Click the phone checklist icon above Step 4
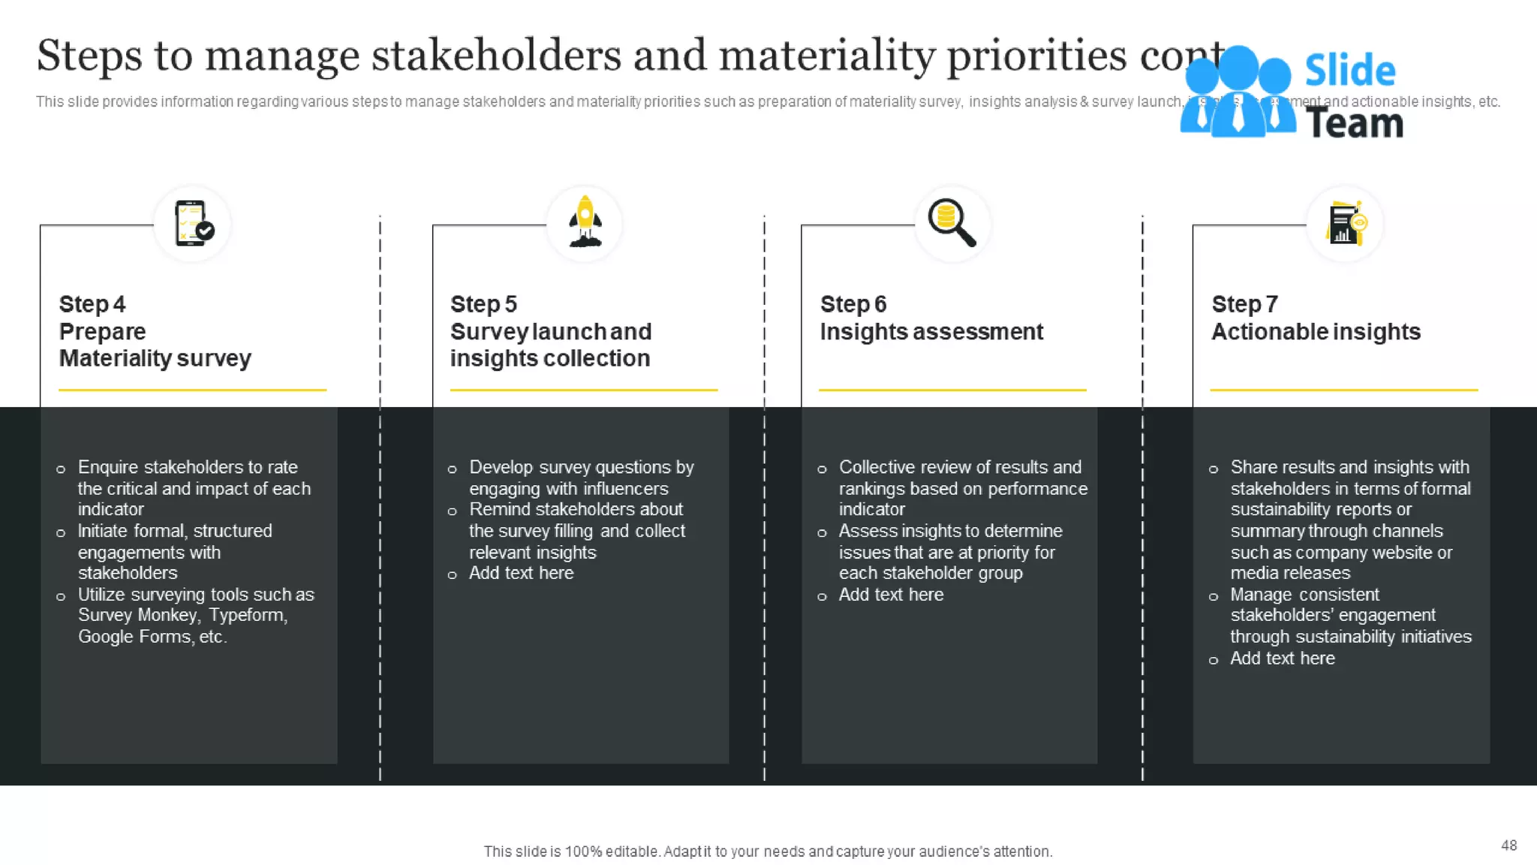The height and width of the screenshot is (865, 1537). (x=192, y=224)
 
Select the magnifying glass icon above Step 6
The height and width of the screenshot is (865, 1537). (x=952, y=223)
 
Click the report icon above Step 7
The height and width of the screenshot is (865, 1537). (x=1345, y=224)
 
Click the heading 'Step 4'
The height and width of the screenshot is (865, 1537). (x=92, y=304)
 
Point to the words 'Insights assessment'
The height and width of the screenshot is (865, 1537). (x=931, y=332)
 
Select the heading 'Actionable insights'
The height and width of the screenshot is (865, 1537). (x=1316, y=332)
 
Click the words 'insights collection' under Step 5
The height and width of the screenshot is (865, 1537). (x=550, y=359)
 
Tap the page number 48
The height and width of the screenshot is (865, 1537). (x=1508, y=845)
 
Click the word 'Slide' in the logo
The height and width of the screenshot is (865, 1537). (x=1350, y=71)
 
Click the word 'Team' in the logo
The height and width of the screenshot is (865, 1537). (x=1355, y=124)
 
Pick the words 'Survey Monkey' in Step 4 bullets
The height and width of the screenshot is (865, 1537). (x=138, y=616)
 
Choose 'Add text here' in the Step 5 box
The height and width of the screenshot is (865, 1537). (x=521, y=574)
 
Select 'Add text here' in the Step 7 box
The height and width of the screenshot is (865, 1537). (x=1282, y=659)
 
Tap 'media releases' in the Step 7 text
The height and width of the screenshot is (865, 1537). (x=1290, y=574)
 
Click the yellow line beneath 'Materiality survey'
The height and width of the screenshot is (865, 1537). (x=192, y=390)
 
